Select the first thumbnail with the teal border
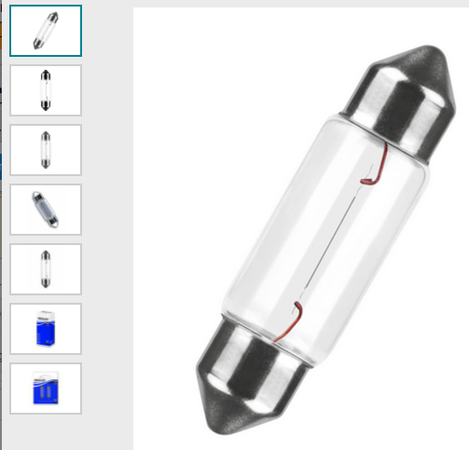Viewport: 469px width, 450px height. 46,31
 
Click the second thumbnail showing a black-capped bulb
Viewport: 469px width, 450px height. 46,90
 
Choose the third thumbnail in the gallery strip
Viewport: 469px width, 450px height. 46,150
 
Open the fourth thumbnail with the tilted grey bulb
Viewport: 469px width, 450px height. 46,210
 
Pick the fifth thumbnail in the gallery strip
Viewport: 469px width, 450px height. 46,269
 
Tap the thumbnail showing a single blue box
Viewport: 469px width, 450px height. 46,329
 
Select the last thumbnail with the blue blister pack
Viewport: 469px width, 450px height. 46,389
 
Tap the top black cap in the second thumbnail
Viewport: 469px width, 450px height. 46,75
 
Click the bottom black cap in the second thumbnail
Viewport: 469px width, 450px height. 46,105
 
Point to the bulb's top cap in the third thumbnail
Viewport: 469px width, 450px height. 46,137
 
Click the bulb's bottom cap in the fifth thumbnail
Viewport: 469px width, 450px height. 46,282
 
